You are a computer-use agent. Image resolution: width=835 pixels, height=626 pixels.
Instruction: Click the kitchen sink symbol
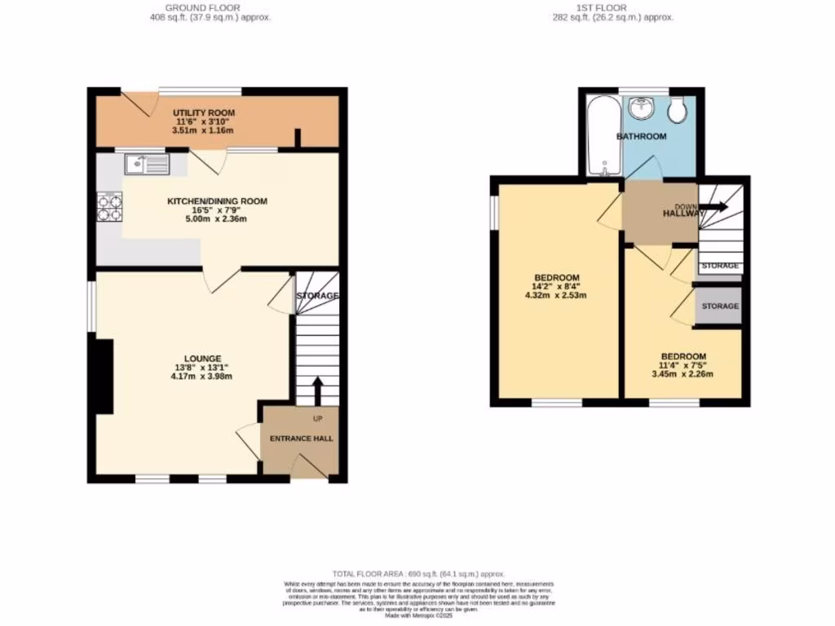(147, 165)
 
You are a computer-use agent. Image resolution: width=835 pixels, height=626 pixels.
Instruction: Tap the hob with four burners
(109, 207)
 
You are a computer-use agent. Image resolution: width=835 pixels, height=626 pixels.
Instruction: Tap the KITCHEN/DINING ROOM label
(217, 201)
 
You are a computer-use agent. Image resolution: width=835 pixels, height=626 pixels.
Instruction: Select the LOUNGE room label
(202, 358)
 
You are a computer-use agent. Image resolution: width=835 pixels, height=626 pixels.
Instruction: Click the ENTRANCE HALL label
(302, 439)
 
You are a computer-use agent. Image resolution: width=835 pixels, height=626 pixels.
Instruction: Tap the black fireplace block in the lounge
(103, 376)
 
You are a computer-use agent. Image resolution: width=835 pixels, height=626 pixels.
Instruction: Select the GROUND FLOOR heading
(212, 7)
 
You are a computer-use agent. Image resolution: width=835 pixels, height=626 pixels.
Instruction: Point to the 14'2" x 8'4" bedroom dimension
(557, 286)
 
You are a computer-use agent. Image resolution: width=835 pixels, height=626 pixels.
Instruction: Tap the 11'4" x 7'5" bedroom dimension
(683, 366)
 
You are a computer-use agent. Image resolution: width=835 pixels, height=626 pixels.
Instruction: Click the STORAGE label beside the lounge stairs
(316, 295)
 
